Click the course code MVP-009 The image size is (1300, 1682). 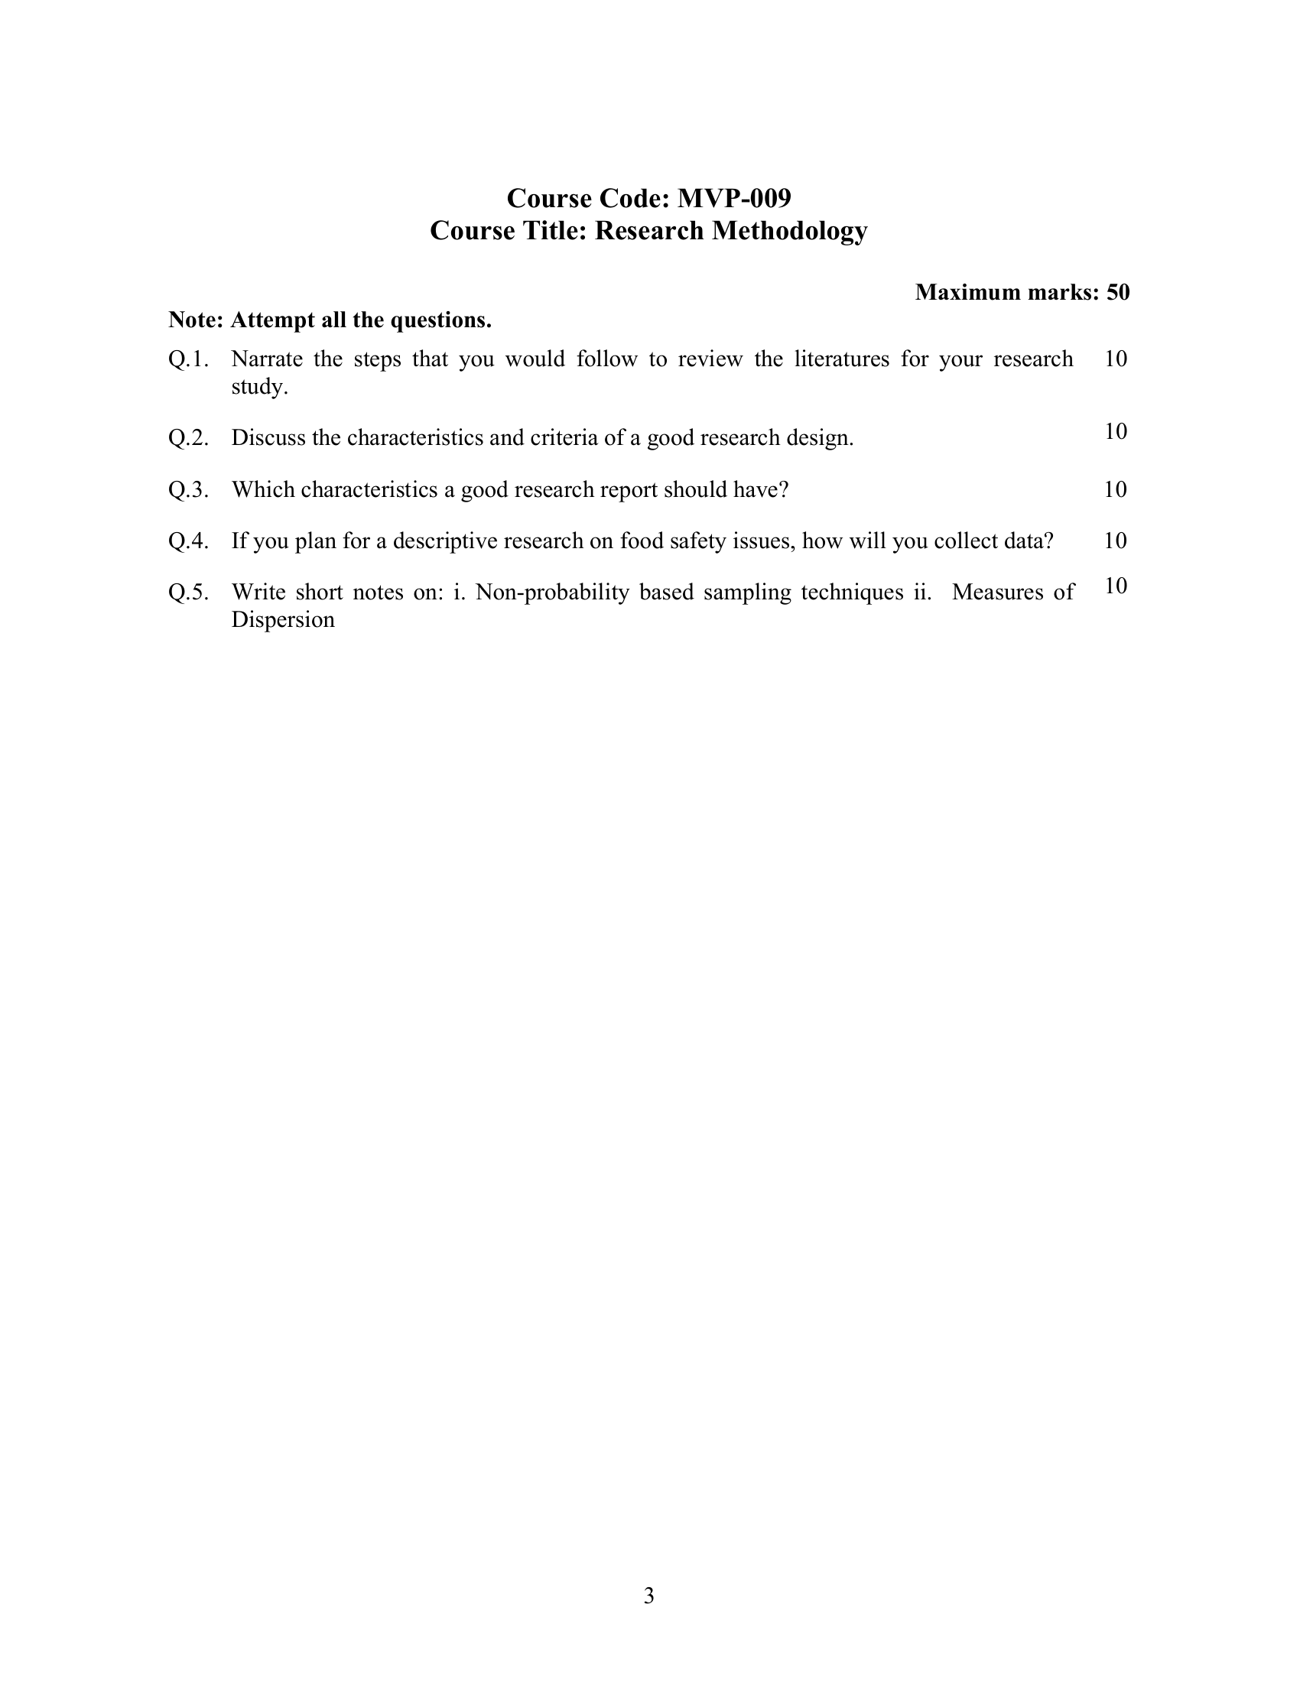coord(734,199)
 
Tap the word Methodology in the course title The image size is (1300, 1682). coord(789,230)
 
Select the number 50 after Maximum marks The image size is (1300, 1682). coord(1117,292)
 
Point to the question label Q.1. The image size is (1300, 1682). coord(188,359)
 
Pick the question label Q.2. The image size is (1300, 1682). coord(188,438)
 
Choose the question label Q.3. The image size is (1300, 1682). coord(188,490)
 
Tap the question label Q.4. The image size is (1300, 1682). coord(188,541)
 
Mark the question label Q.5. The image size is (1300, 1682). coord(188,593)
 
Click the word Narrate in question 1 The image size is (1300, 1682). coord(266,359)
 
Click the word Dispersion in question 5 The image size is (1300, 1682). coord(283,620)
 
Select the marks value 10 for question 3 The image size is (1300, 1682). coord(1115,489)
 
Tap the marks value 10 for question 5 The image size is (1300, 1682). coord(1115,586)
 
